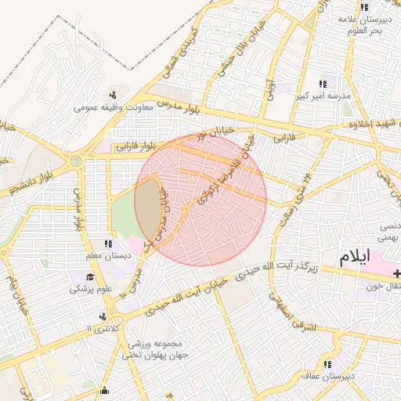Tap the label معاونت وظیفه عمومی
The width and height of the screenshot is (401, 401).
point(113,107)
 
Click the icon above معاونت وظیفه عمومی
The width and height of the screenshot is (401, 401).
point(114,95)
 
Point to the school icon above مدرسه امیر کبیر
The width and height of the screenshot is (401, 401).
point(322,83)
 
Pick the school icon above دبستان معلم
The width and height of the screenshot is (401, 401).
point(109,244)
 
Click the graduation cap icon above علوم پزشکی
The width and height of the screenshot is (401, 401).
point(90,276)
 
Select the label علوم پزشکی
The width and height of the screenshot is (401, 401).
point(90,289)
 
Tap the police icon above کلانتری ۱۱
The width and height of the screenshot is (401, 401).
point(102,316)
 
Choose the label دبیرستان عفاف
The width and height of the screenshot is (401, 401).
point(327,377)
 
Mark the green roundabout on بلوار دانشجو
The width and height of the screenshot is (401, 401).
point(76,161)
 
